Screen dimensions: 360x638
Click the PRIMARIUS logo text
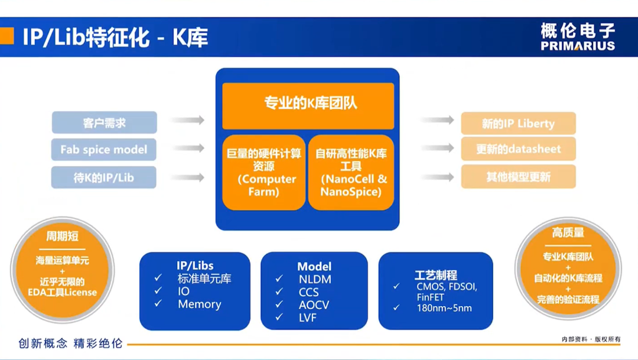pos(577,46)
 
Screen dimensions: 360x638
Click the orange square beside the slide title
pos(6,36)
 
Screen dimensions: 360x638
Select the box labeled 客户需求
pos(104,123)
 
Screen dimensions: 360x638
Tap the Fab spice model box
pos(104,150)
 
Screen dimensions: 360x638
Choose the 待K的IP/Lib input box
pos(104,177)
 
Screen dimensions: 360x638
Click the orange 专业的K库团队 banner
pos(308,105)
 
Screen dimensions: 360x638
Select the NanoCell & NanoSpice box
pos(351,172)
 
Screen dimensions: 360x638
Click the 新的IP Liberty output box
pos(518,124)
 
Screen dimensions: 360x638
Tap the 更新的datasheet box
pos(518,150)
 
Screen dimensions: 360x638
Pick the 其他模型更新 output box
pos(518,177)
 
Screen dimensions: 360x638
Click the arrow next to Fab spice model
pos(188,148)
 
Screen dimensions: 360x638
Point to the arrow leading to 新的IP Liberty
pos(438,121)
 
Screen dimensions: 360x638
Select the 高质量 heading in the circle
pos(568,233)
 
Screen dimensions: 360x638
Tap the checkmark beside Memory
pos(158,304)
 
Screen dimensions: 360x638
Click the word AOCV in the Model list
pos(314,305)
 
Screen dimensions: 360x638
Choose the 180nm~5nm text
pos(444,308)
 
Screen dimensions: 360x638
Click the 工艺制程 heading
pos(436,275)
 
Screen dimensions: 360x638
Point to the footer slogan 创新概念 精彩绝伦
pos(70,343)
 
